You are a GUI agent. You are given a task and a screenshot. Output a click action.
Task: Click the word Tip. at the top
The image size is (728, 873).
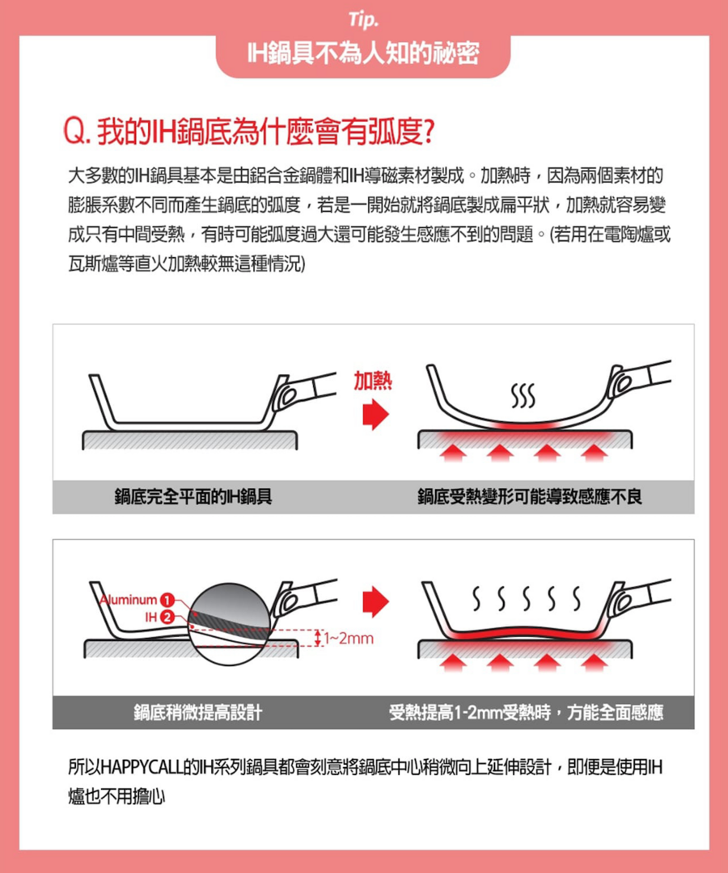point(363,19)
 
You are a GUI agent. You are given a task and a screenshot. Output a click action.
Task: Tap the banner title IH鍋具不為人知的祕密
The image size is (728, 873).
point(363,53)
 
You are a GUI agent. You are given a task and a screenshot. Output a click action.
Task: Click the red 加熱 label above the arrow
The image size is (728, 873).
point(373,381)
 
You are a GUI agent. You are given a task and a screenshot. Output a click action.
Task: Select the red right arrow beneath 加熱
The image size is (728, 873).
point(375,415)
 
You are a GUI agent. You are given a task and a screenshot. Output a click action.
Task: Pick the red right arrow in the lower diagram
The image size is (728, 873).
point(375,601)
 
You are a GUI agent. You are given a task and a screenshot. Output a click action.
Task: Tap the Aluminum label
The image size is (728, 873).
point(129,600)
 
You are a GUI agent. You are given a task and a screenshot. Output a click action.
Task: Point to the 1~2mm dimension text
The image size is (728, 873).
point(349,638)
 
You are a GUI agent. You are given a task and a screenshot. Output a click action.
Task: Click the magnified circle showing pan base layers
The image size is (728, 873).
point(229,624)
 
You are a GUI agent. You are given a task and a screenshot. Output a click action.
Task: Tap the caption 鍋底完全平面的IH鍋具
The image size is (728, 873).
point(193,496)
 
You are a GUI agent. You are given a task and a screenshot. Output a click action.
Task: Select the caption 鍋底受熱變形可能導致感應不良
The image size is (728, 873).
point(530,496)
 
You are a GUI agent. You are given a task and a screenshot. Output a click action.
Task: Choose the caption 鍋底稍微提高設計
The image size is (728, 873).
point(197,712)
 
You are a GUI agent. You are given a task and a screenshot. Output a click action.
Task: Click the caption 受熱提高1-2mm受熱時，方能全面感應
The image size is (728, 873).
point(527,712)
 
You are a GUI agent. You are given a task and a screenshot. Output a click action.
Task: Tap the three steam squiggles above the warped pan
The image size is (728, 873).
point(523,395)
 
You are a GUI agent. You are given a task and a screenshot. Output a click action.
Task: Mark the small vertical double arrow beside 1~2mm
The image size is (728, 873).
point(318,638)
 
